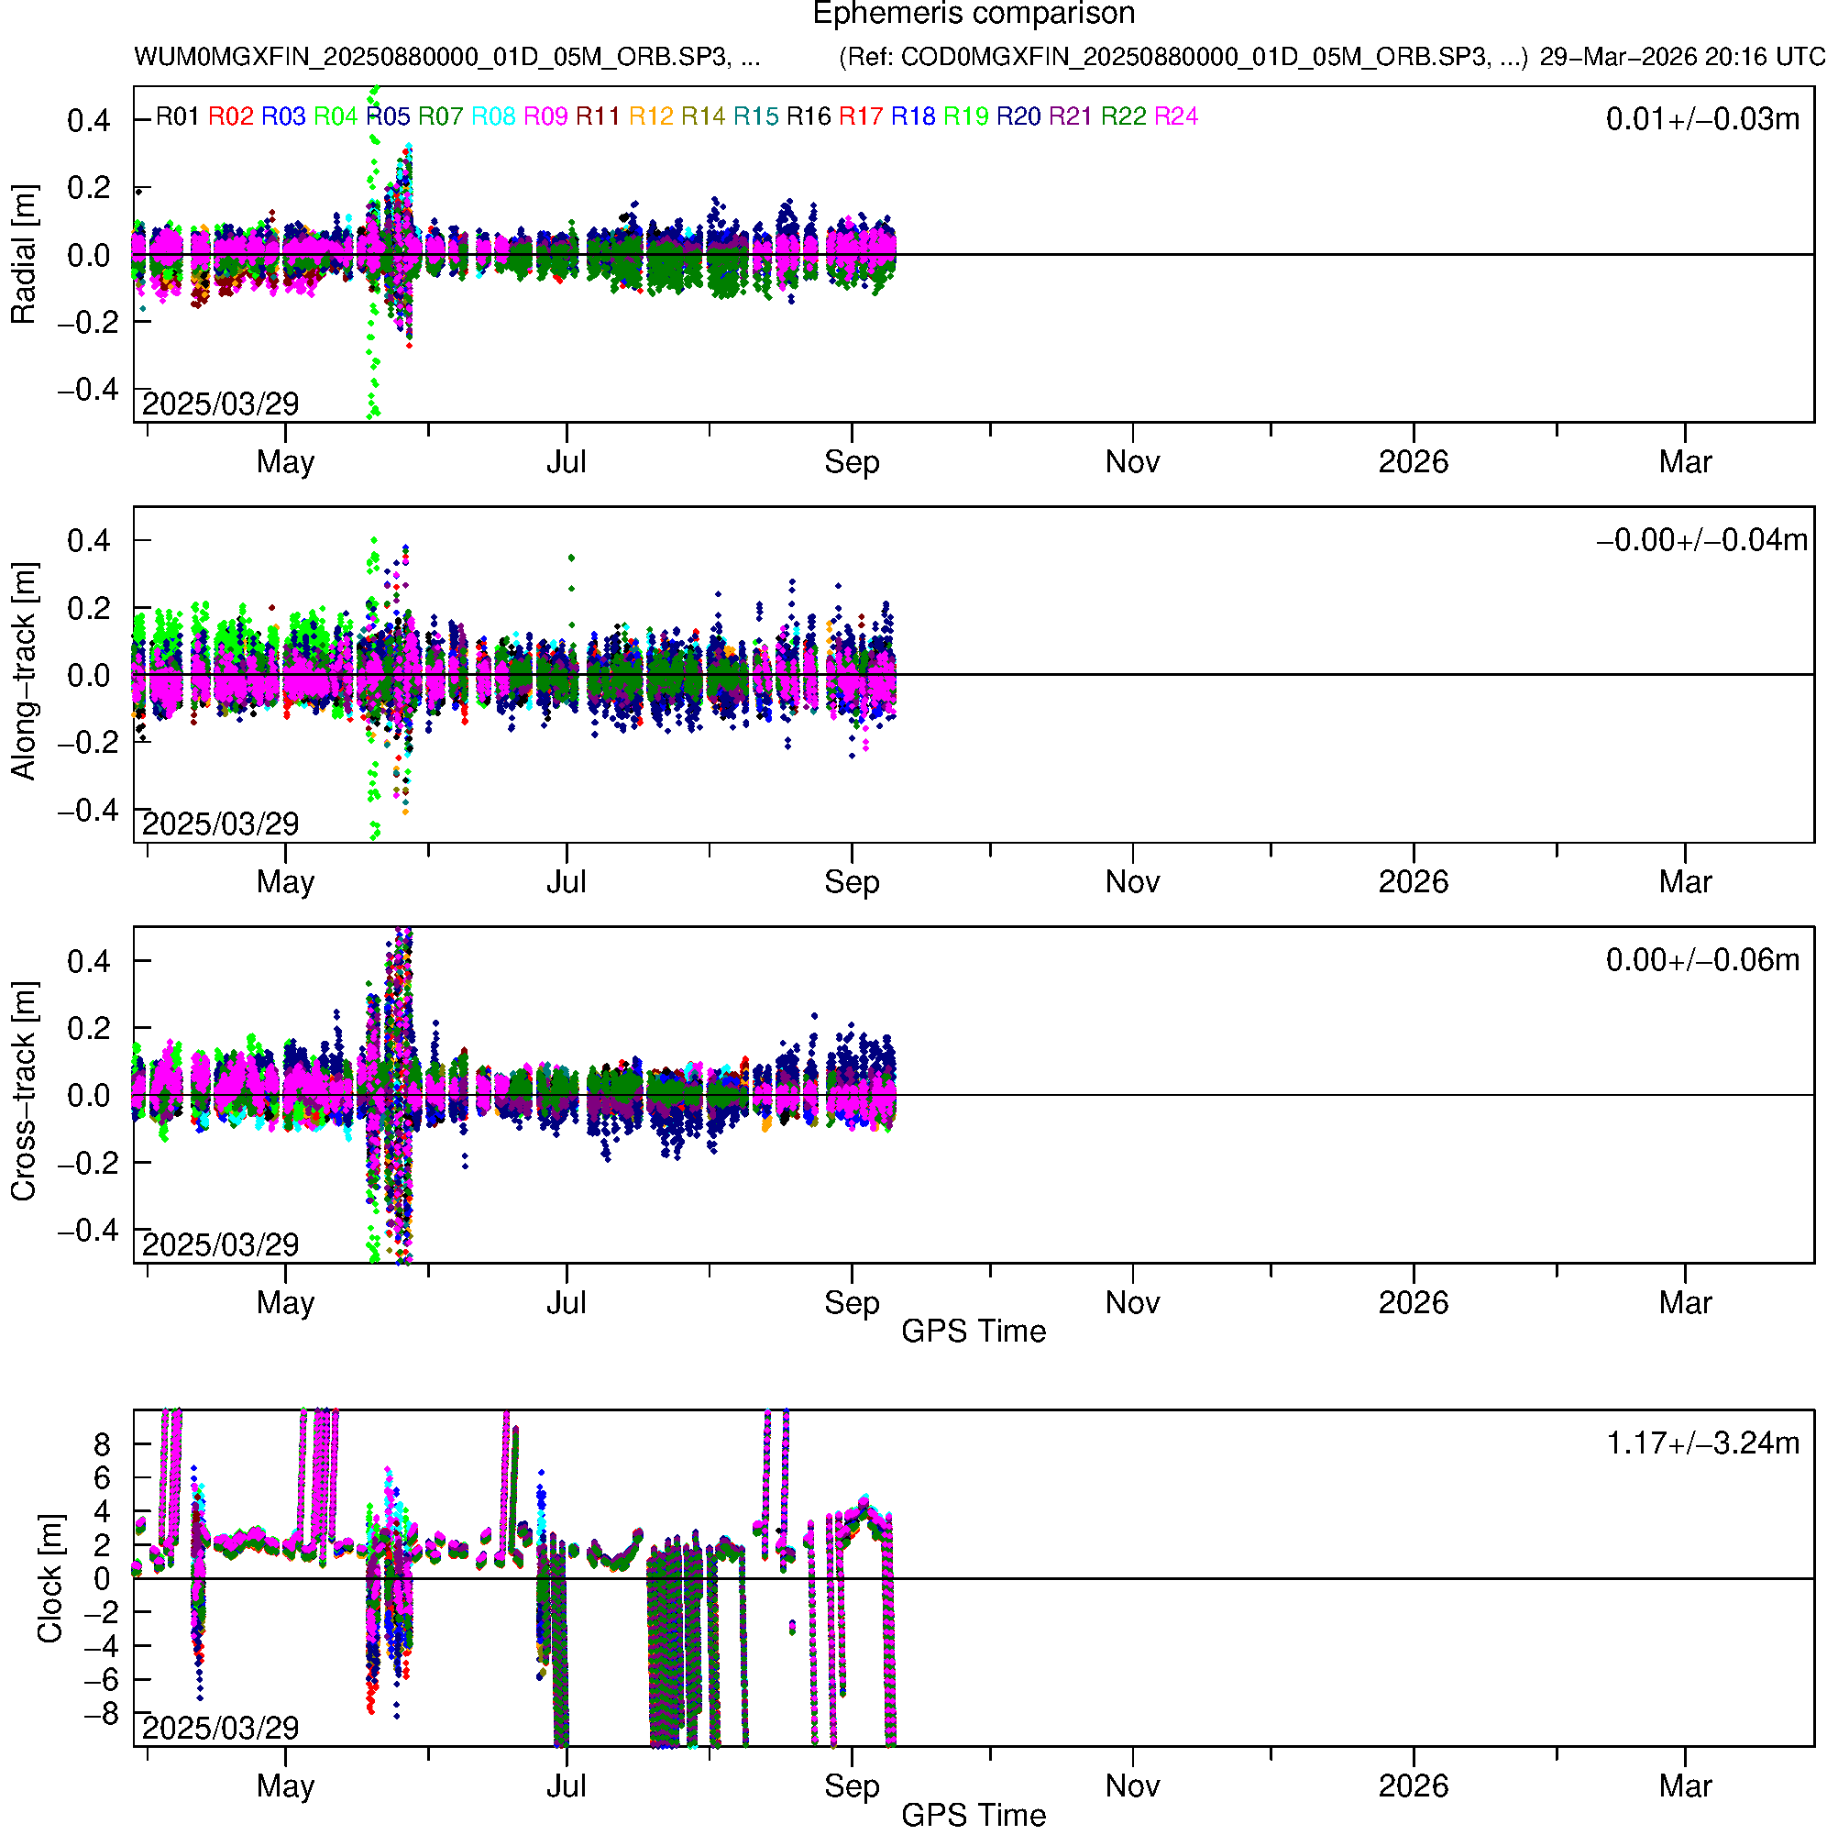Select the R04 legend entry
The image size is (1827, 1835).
point(336,116)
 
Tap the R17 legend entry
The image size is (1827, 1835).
point(860,116)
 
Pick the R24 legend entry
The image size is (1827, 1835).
point(1175,116)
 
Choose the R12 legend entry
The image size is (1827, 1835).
point(651,116)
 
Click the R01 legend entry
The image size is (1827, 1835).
point(178,116)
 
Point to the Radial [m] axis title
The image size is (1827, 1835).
point(23,255)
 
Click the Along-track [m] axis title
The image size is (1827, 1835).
point(23,671)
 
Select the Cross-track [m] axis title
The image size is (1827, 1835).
point(23,1092)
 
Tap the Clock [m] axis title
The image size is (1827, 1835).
point(50,1578)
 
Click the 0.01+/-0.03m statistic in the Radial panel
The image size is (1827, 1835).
point(1701,119)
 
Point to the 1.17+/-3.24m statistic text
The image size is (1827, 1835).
point(1701,1443)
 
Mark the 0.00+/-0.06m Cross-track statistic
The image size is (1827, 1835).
point(1701,960)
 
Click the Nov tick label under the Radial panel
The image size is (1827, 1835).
point(1132,462)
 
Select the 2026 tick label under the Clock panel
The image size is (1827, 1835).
point(1413,1785)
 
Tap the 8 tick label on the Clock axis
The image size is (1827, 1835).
point(102,1444)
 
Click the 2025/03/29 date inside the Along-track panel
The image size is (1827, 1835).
point(220,824)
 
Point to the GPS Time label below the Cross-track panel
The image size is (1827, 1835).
point(974,1332)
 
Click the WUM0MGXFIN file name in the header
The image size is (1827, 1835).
point(446,57)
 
